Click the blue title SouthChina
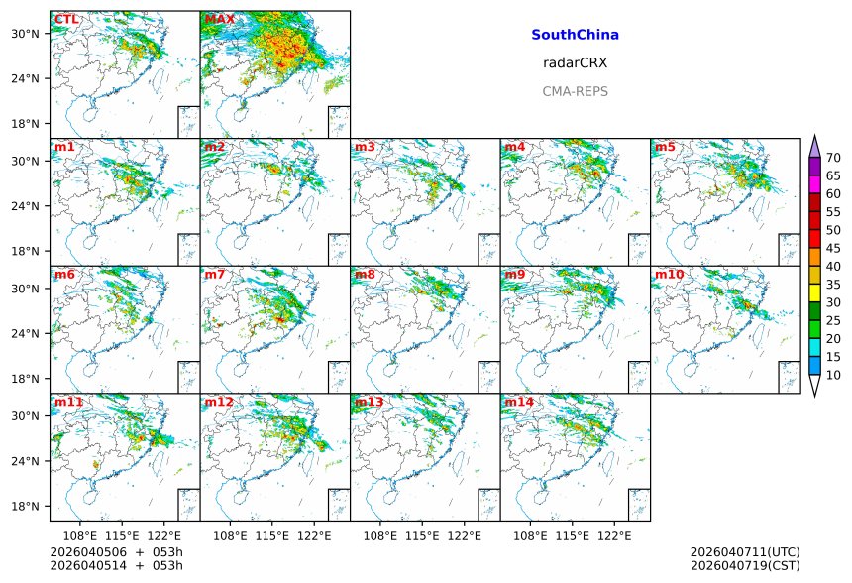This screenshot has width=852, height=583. click(575, 35)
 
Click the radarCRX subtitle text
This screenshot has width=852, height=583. click(575, 62)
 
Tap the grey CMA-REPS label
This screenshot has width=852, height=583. click(575, 91)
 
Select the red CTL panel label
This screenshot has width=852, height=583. click(65, 19)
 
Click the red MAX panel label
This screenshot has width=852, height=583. click(219, 19)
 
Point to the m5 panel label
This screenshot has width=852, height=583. click(664, 147)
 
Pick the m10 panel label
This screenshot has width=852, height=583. click(668, 274)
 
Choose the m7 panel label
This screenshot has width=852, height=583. click(214, 274)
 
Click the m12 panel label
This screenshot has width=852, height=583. click(218, 402)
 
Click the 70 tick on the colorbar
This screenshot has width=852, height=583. click(833, 158)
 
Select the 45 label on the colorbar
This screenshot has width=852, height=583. click(833, 248)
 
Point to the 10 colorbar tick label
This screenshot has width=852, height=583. click(833, 375)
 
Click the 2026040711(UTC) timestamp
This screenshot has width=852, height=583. click(744, 551)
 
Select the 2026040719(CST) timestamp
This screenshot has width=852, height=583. click(744, 565)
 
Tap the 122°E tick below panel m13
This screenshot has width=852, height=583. click(465, 535)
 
